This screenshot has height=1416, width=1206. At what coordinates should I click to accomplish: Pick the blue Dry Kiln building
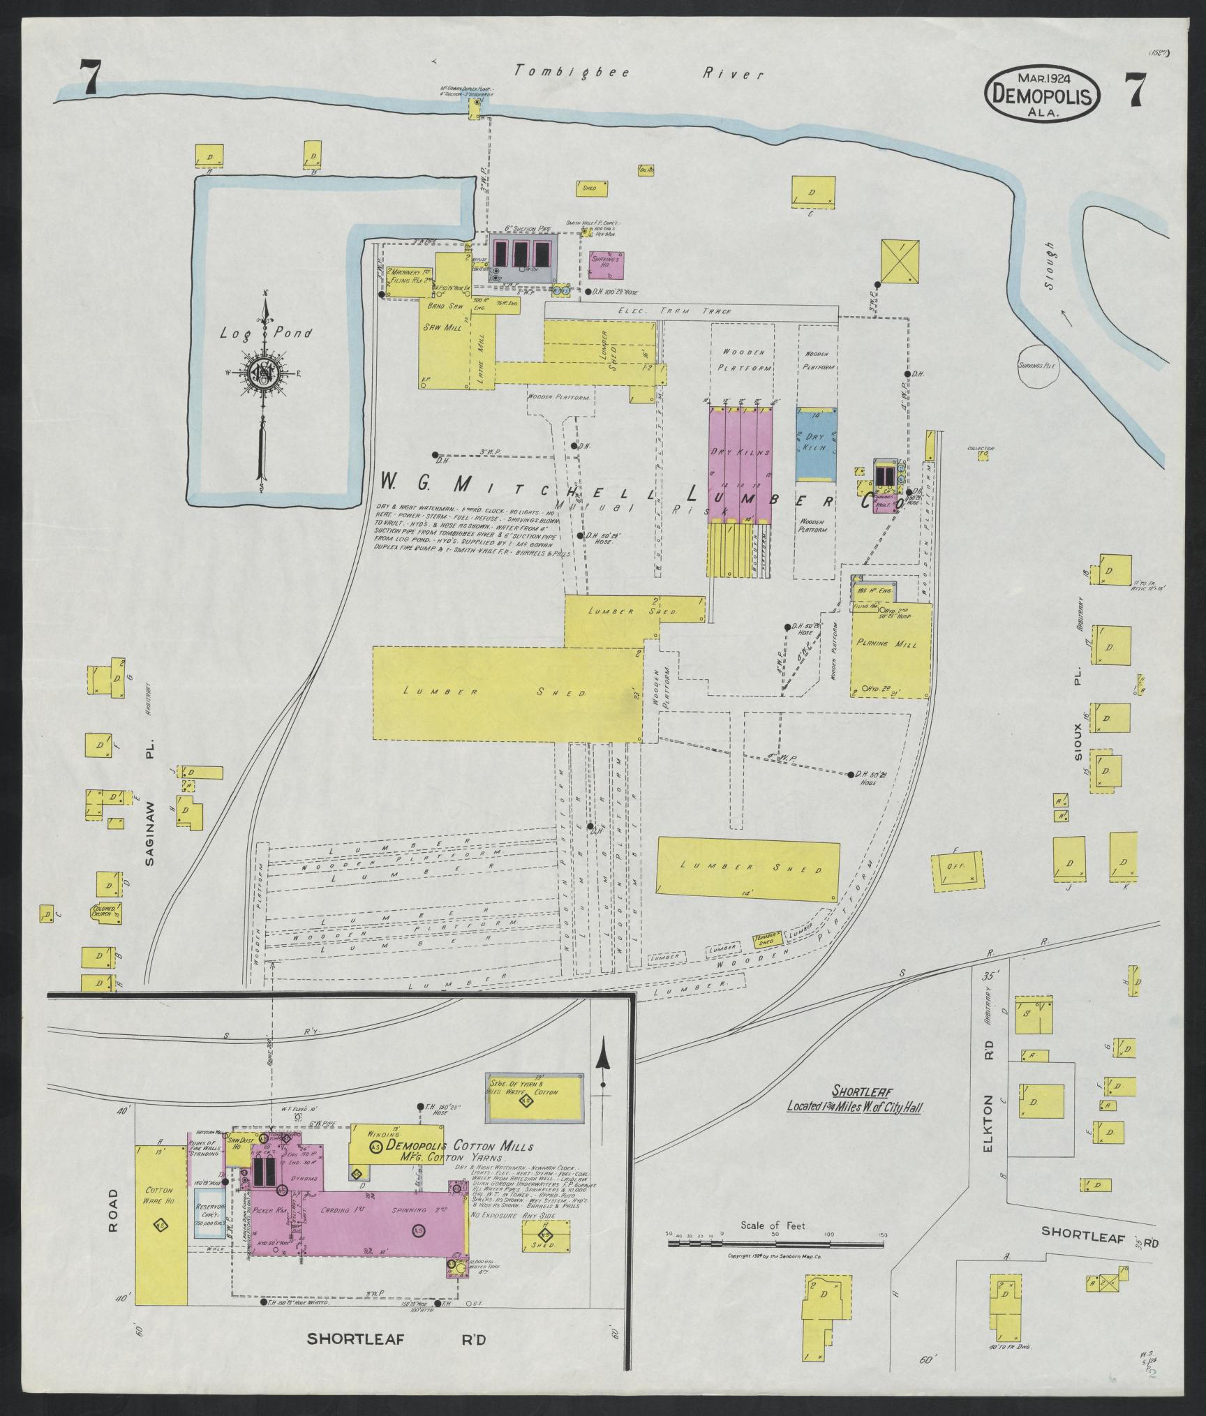[x=817, y=443]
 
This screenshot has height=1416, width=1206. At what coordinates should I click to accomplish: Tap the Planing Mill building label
[x=891, y=643]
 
